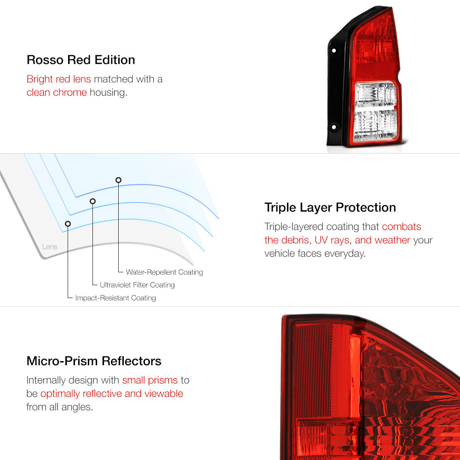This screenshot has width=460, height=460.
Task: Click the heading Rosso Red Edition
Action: coord(80,60)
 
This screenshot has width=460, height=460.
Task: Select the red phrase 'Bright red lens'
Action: coord(59,79)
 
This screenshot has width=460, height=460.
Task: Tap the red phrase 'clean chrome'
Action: coord(57,92)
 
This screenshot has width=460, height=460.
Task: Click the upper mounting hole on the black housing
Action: coord(334,51)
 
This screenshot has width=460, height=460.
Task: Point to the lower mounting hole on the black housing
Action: coord(334,127)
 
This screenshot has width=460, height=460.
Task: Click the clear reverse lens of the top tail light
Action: coord(375,111)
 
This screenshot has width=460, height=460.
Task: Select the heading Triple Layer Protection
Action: coord(330,207)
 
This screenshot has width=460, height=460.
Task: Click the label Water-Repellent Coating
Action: coord(164,272)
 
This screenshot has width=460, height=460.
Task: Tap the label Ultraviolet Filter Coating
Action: coord(137,285)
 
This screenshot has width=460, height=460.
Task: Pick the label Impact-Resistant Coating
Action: coord(115,298)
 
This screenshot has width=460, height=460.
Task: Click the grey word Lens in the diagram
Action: coord(50,247)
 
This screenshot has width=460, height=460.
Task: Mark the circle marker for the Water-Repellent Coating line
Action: coord(119,180)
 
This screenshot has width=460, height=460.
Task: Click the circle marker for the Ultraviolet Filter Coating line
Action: coord(93,201)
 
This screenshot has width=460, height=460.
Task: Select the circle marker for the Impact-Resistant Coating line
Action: coord(68,224)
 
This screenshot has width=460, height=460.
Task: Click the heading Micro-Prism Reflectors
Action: coord(94,361)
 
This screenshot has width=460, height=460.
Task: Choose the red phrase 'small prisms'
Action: coord(150,380)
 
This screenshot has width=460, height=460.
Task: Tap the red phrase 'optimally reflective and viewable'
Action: coord(112,394)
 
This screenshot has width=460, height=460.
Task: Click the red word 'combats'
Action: coord(401,227)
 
